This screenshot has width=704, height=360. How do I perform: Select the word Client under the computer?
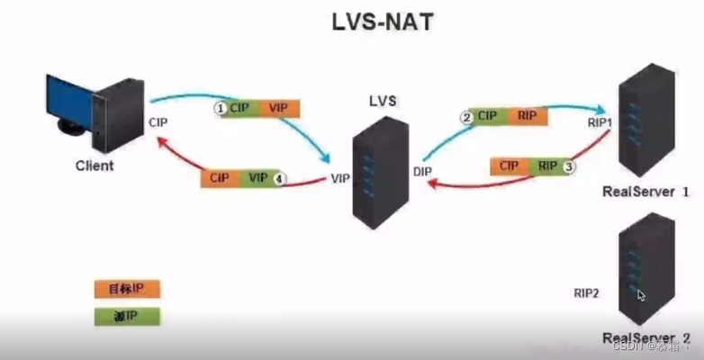pos(94,166)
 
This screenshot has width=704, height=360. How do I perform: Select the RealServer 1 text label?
pos(645,192)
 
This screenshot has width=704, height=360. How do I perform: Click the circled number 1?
pos(219,107)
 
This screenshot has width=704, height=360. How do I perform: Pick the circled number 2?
pos(466,116)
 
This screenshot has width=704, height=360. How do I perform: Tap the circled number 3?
pos(568,166)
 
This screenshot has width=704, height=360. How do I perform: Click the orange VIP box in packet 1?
pos(278,108)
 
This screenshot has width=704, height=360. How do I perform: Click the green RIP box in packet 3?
pos(546,166)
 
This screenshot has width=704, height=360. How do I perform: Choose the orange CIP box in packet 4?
pos(220,178)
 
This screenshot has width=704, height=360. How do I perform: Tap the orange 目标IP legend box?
pos(127,289)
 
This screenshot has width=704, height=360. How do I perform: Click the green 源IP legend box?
pos(127,316)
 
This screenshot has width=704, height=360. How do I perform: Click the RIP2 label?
pos(588,292)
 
